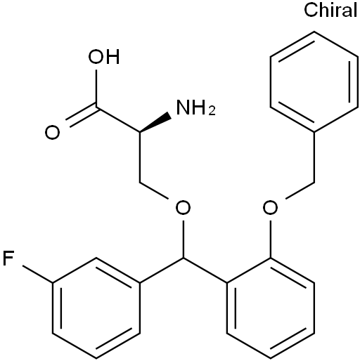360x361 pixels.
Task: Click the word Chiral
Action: [x=330, y=11]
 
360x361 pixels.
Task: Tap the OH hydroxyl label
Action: [x=104, y=57]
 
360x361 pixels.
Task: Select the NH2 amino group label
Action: [x=195, y=107]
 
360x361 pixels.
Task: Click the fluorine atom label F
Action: [x=8, y=258]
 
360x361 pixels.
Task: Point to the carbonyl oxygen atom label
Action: [x=52, y=133]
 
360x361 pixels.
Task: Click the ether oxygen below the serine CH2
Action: [x=183, y=208]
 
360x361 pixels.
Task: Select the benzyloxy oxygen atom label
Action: [x=270, y=208]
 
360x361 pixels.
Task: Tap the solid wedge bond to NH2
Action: [x=155, y=123]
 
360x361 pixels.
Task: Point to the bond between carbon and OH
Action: [x=96, y=88]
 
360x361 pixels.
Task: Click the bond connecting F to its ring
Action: [x=37, y=275]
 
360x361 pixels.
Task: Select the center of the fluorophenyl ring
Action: [x=96, y=308]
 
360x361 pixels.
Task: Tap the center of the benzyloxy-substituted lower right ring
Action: [x=271, y=308]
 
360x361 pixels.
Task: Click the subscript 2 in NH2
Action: [x=212, y=111]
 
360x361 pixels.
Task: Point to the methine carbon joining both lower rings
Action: [x=184, y=258]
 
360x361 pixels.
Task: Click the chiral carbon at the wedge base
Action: [x=140, y=133]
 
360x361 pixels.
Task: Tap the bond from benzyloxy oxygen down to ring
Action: [x=271, y=239]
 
